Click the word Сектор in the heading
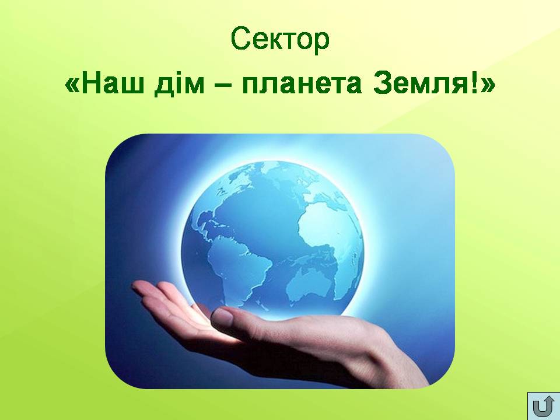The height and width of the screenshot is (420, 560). [279, 38]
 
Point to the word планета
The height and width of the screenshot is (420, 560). [302, 86]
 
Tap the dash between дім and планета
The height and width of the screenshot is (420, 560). [223, 86]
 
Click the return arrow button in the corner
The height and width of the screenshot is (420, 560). [543, 406]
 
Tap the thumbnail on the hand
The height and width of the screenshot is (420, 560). [222, 316]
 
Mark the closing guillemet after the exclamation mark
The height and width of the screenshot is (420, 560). [489, 86]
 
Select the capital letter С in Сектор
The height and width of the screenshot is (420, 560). [239, 38]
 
